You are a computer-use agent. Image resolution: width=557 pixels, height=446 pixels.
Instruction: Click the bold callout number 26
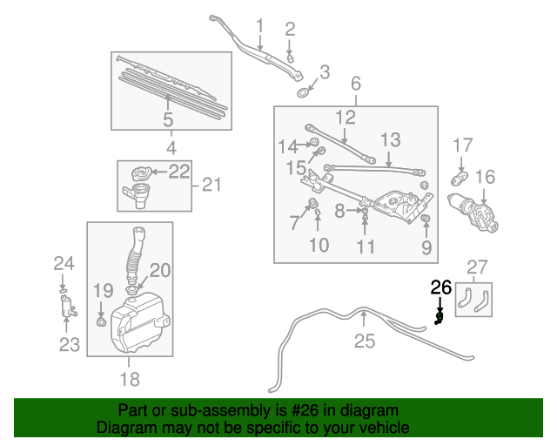point(441,286)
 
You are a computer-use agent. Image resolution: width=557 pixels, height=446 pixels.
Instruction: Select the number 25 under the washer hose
point(356,84)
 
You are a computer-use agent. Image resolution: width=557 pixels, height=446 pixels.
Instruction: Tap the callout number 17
point(462,145)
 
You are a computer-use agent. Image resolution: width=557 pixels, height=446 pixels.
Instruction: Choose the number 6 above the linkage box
point(356,84)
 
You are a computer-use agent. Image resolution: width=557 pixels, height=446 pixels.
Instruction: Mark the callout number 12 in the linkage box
point(346,117)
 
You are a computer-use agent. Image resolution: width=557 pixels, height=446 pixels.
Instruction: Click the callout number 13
point(389,139)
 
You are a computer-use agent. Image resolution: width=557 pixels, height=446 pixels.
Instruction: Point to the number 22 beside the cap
point(178,172)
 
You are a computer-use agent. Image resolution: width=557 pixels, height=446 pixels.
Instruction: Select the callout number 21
point(212,185)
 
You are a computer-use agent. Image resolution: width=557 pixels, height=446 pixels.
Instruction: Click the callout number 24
point(64,263)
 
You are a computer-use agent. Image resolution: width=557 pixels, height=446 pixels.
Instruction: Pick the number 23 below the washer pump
point(69,344)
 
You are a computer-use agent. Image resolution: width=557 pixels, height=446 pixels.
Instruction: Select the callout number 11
point(366,247)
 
